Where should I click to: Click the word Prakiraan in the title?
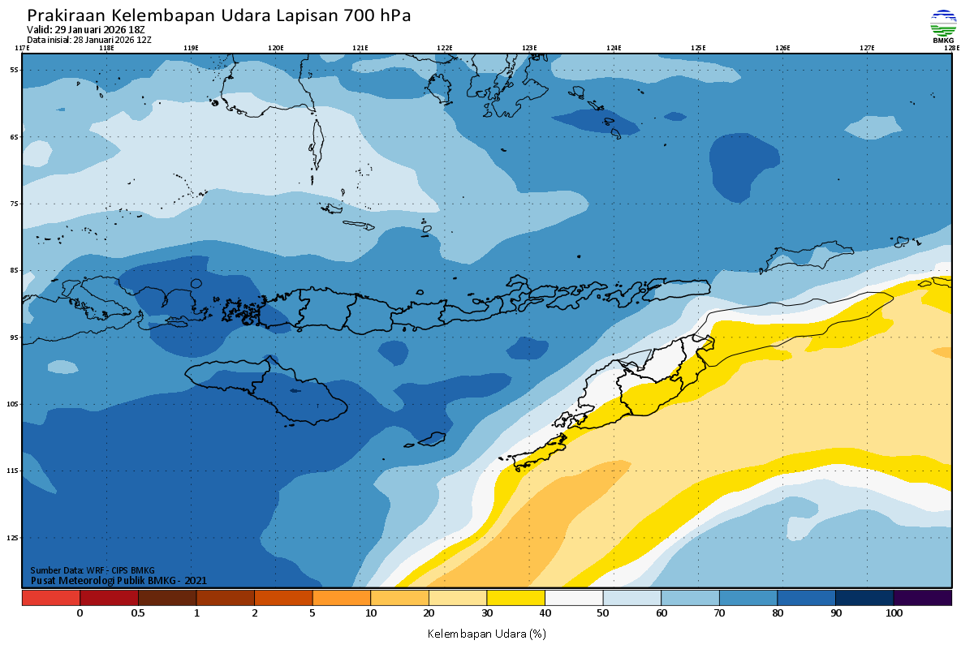[x=67, y=15]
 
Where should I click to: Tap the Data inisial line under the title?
[x=89, y=40]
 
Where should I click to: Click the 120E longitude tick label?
[x=276, y=48]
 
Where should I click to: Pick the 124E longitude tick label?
[x=614, y=48]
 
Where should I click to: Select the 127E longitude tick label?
[x=867, y=48]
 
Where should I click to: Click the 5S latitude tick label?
[x=14, y=70]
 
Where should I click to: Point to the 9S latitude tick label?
[x=14, y=337]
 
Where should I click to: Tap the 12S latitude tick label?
[x=14, y=537]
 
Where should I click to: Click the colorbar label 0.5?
[x=138, y=613]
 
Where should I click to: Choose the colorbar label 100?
[x=894, y=613]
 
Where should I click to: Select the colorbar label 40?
[x=545, y=613]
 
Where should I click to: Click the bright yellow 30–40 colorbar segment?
[x=515, y=598]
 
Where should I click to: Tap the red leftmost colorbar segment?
[x=50, y=598]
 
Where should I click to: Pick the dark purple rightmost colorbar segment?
[x=922, y=598]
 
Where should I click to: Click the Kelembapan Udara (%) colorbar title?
[x=486, y=634]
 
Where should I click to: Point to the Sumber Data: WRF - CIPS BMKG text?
[x=92, y=570]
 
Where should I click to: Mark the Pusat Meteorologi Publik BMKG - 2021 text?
[x=119, y=580]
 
